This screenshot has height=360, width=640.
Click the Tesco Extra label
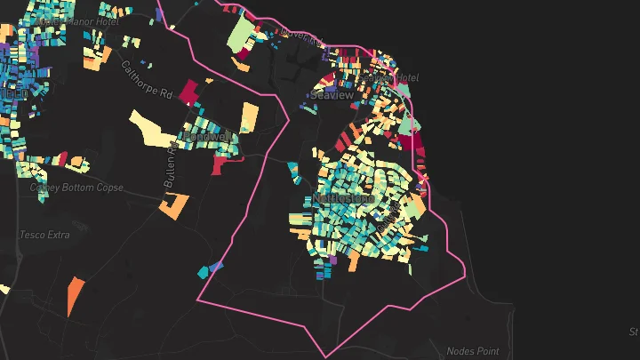click(44, 235)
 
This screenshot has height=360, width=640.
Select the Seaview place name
click(332, 95)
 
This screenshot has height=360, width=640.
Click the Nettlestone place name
click(342, 197)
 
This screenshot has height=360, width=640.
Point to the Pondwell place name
click(206, 136)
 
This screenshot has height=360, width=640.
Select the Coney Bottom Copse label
click(76, 188)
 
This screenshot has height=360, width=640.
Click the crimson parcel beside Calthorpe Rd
click(189, 91)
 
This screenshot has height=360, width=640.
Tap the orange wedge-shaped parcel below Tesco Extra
click(75, 295)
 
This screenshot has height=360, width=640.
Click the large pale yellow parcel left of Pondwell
click(154, 128)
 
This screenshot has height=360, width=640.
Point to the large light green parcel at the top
click(241, 36)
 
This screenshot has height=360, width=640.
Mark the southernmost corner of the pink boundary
click(325, 356)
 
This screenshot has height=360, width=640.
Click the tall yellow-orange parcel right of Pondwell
click(249, 120)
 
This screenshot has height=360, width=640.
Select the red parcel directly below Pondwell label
click(219, 164)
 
